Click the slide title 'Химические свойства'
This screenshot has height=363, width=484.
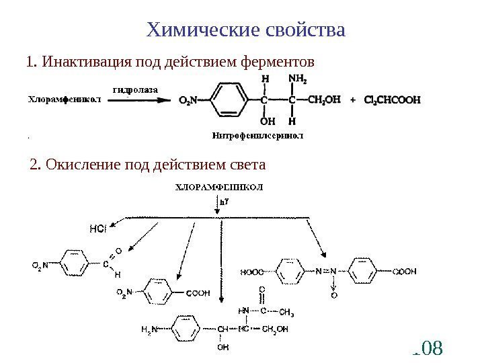tap(246, 30)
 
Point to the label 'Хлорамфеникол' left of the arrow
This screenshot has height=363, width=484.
tap(65, 101)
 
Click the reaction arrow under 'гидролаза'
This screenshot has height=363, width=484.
tap(142, 101)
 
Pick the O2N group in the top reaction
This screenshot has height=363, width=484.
tap(189, 101)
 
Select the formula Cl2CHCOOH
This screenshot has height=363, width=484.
tap(392, 101)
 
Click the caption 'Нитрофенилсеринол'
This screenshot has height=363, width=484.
tap(257, 135)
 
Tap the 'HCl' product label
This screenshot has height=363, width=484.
tap(98, 229)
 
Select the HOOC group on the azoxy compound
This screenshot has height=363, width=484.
tap(252, 272)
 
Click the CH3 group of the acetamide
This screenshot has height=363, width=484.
tap(286, 311)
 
